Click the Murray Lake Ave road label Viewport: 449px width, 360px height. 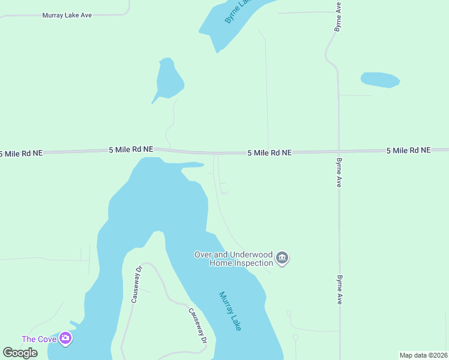point(67,15)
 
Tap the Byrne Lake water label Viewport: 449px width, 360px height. point(237,11)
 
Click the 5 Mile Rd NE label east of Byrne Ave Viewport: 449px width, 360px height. point(408,150)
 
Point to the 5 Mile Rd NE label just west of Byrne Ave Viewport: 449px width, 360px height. point(270,153)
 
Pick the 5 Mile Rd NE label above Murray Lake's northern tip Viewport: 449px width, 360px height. point(131,149)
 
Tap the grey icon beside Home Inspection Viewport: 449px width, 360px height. point(283,259)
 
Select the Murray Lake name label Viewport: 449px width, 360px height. point(230,311)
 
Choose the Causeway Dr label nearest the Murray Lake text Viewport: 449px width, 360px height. point(197,326)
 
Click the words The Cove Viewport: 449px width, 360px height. point(39,339)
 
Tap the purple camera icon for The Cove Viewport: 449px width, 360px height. point(65,339)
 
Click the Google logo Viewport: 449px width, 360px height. point(20,353)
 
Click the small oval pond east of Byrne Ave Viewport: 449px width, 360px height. point(379,79)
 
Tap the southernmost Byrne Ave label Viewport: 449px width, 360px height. point(340,290)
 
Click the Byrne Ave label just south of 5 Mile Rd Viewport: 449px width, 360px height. point(339,173)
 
